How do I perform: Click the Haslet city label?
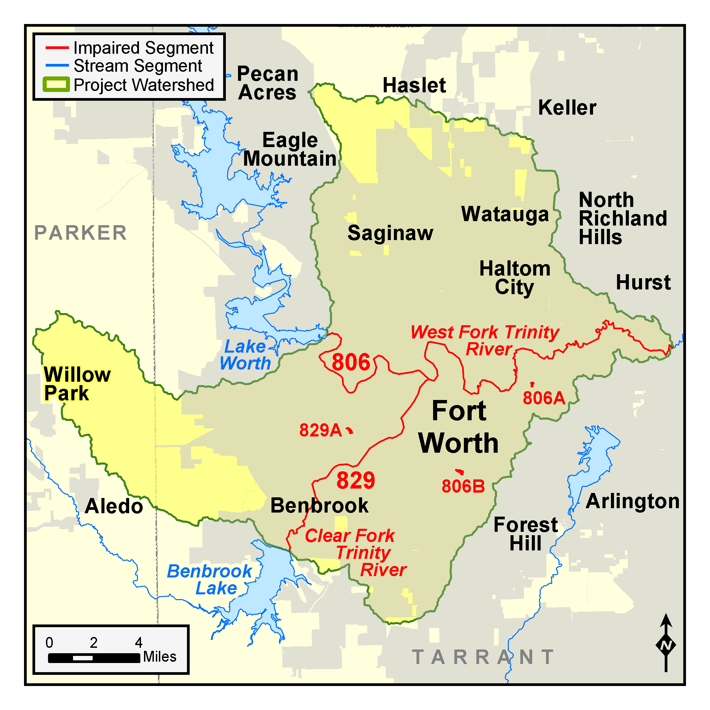414,85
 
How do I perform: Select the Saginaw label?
390,233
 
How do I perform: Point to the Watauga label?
504,214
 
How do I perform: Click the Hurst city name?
643,282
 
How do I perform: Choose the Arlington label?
632,501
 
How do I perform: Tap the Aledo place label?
114,506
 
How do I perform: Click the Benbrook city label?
319,505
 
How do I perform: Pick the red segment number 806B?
463,486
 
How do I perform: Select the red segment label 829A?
321,430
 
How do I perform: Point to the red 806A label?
544,398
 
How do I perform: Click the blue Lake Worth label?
245,355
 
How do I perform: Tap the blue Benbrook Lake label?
210,579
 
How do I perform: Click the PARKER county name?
80,233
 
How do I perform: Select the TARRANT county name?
482,657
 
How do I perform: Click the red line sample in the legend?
57,48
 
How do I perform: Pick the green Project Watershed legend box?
56,85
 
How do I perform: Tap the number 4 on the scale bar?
138,642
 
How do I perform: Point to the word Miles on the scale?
160,657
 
